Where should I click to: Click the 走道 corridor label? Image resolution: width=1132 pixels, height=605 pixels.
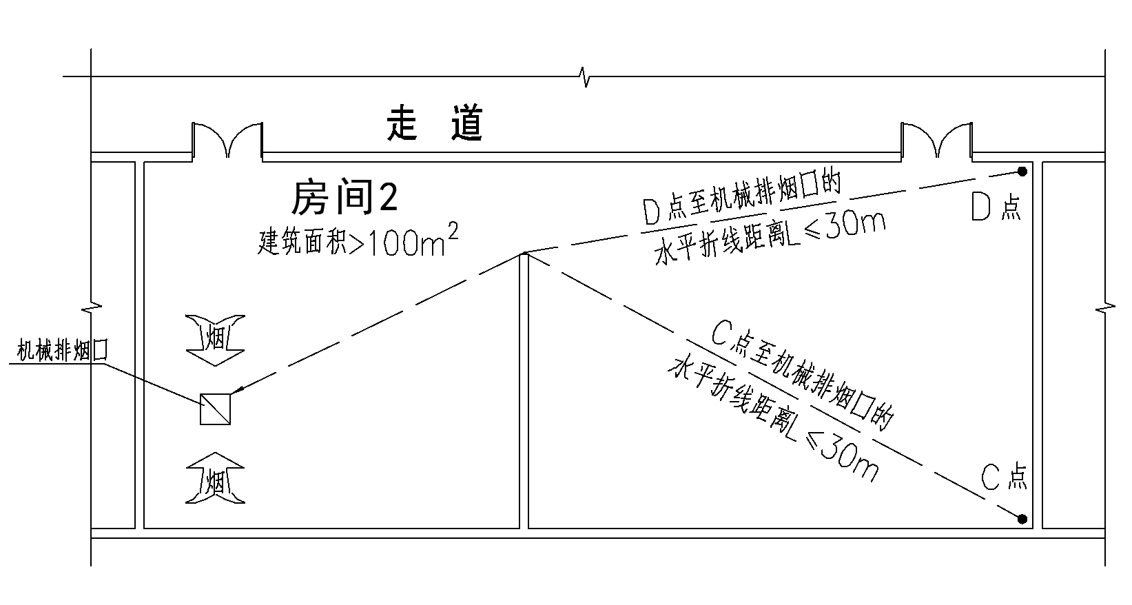pos(434,124)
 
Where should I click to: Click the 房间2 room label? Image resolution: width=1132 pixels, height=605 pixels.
pos(344,199)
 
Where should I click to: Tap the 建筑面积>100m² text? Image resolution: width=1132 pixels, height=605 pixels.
pos(358,242)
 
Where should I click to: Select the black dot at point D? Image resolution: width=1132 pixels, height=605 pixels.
pos(1022,171)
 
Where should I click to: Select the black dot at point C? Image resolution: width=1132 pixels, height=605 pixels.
pos(1022,518)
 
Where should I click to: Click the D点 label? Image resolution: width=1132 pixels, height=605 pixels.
pos(996,206)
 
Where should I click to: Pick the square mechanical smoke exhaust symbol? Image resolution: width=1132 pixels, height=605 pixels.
pos(215,409)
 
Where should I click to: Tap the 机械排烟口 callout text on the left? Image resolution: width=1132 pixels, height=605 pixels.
pos(63,352)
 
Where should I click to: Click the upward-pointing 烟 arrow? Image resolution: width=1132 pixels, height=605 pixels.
pos(215,478)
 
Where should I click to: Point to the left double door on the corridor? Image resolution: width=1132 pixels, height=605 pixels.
pos(227,141)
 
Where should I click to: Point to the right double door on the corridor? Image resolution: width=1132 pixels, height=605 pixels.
pos(936,141)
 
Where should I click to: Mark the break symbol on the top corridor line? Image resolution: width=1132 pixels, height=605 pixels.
pos(586,76)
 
